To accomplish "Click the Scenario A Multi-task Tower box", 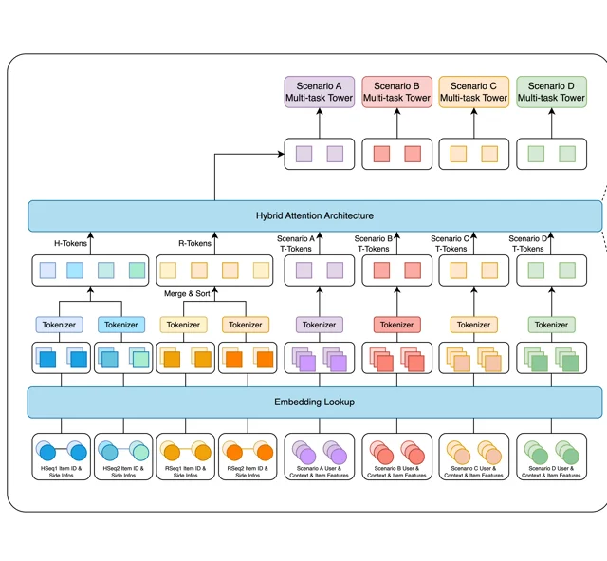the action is (x=320, y=92).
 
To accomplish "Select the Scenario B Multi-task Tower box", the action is (x=396, y=92).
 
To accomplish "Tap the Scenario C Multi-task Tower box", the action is (x=474, y=92).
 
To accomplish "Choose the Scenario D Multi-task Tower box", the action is (x=552, y=92).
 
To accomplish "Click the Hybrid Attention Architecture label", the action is (x=315, y=215).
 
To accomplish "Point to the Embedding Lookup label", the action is (x=314, y=402).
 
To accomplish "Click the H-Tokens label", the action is (x=70, y=243).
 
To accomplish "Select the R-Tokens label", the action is (x=194, y=243).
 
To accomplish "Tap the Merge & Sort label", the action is (x=187, y=293).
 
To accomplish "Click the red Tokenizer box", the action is (x=396, y=325).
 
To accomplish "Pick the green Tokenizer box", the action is (x=552, y=325).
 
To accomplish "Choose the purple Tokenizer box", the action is (x=320, y=325).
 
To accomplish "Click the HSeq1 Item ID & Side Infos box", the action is (x=61, y=457).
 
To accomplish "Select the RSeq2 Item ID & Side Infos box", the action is (x=248, y=457).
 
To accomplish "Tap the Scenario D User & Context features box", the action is (x=552, y=457).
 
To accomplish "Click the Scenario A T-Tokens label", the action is (x=296, y=244).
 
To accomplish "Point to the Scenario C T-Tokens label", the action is (x=451, y=244).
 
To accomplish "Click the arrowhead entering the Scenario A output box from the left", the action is (x=282, y=154).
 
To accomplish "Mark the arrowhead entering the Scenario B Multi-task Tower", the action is (x=396, y=112).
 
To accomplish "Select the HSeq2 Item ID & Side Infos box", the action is (x=123, y=457).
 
